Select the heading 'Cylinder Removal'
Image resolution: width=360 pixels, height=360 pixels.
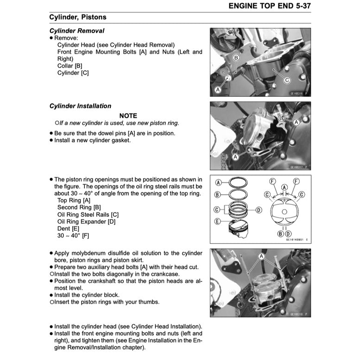click(77, 31)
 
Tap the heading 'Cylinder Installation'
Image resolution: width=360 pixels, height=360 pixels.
click(80, 106)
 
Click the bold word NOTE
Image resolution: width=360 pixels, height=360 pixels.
click(128, 115)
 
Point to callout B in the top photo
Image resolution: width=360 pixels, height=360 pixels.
click(236, 58)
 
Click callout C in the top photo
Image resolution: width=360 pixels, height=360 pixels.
click(287, 80)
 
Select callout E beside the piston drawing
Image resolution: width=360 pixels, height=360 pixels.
click(217, 222)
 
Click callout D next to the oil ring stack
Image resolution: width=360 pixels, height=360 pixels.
click(259, 210)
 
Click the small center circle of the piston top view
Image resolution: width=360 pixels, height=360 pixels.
click(284, 213)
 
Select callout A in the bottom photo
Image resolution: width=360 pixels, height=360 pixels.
click(261, 255)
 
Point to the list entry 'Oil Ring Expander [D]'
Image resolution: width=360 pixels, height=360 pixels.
click(86, 221)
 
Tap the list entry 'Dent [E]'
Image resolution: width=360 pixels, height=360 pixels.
click(68, 228)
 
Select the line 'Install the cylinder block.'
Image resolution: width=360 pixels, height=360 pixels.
click(87, 295)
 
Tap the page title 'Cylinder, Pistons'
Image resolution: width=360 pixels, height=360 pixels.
click(78, 17)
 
